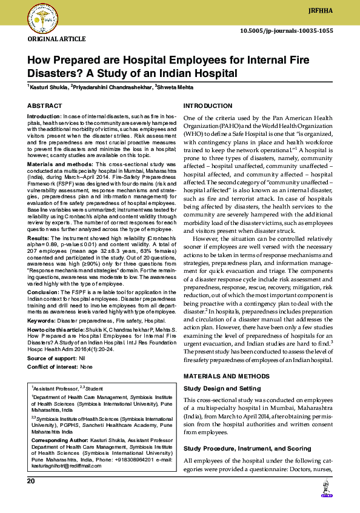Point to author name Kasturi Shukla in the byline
tap(47, 88)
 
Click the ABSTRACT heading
tap(44, 106)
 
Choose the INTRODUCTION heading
tap(207, 106)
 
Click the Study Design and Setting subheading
tap(222, 388)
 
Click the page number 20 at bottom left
tap(31, 481)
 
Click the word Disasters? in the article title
tap(52, 74)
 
